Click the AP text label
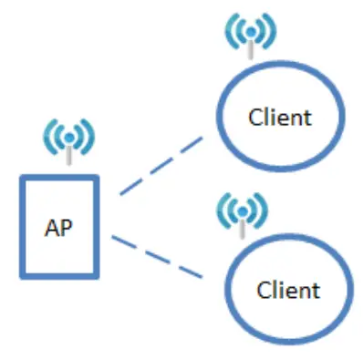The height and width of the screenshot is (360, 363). tap(58, 226)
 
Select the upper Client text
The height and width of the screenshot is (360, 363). tap(280, 117)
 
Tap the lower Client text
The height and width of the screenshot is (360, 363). tap(288, 290)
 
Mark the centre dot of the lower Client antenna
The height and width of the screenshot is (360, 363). tap(238, 209)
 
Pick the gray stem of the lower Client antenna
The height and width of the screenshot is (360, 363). tap(238, 226)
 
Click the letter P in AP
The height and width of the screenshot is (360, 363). tap(66, 226)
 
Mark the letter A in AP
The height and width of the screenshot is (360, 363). tap(52, 226)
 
